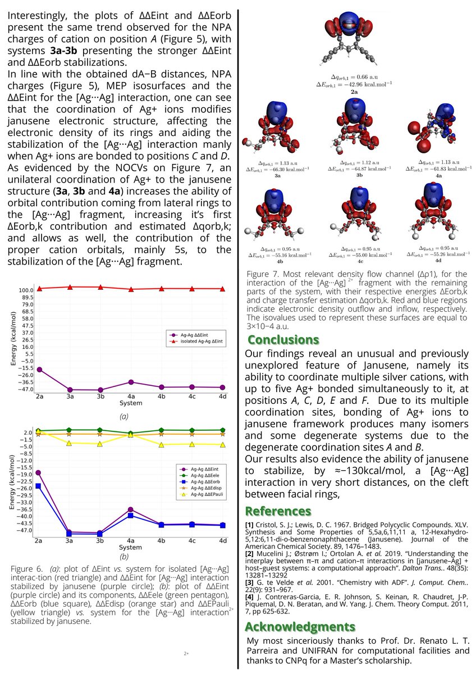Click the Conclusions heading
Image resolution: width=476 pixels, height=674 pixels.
pyautogui.click(x=283, y=340)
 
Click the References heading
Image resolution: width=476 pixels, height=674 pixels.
pyautogui.click(x=278, y=511)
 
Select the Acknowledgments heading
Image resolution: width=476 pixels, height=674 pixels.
pyautogui.click(x=300, y=627)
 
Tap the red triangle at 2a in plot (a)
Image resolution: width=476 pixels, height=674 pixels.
pyautogui.click(x=39, y=289)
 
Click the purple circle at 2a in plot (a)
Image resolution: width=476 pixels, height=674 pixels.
pyautogui.click(x=39, y=369)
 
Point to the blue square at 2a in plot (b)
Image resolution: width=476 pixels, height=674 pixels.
pyautogui.click(x=38, y=486)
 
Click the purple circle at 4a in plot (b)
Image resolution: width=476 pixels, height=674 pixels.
pyautogui.click(x=130, y=509)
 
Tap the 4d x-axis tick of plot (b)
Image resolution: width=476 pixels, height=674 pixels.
pyautogui.click(x=223, y=540)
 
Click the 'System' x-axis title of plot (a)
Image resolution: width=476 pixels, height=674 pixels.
pyautogui.click(x=131, y=404)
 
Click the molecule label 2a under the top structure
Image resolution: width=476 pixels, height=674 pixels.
pyautogui.click(x=354, y=90)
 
